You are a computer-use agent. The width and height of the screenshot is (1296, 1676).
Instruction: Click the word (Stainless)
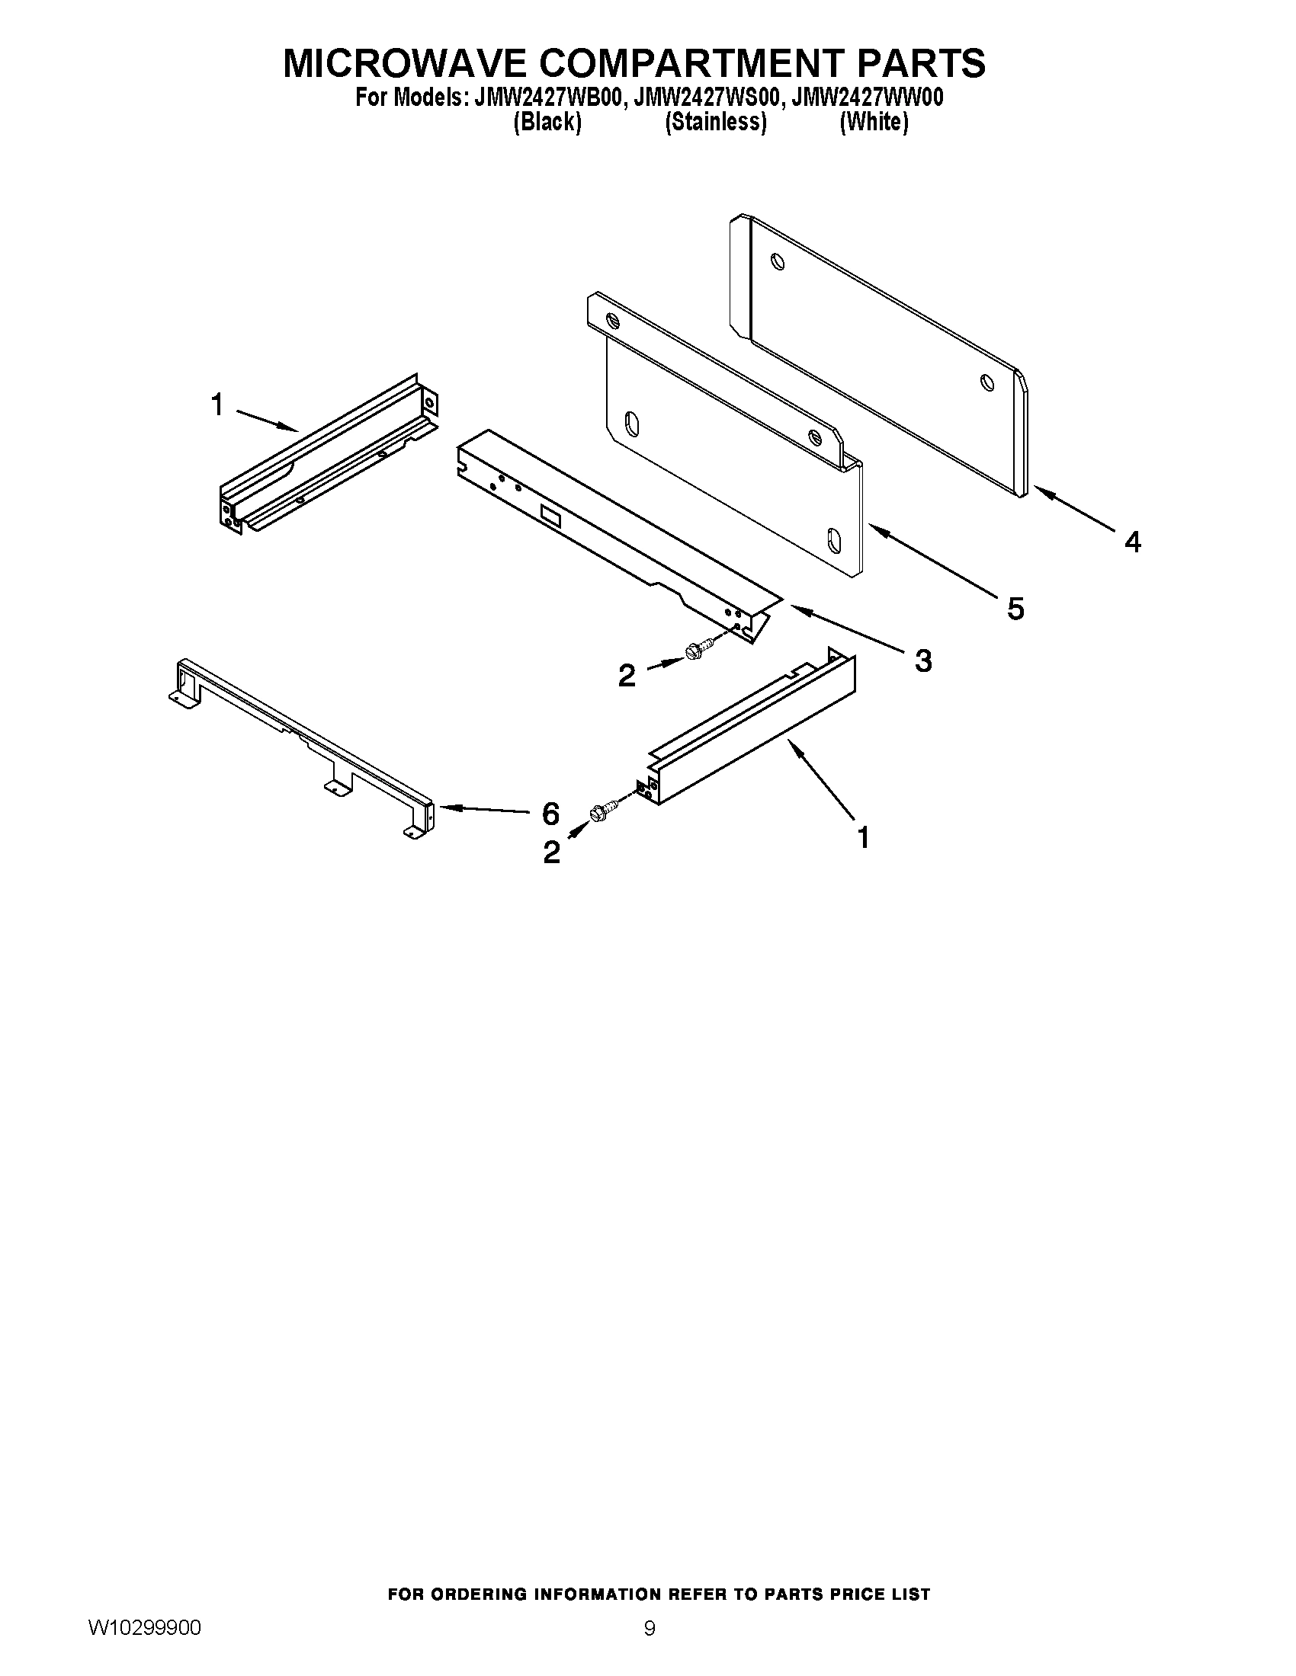(716, 122)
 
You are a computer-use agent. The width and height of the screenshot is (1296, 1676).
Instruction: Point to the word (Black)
(547, 122)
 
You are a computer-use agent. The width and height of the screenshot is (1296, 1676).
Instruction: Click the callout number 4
(1132, 542)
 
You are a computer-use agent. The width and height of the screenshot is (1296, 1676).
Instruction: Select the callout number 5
(1015, 609)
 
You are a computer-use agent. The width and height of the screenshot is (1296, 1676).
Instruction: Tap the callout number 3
(923, 660)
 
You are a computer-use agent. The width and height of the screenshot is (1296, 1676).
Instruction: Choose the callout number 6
(550, 813)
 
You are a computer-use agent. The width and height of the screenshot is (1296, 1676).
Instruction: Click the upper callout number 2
(627, 675)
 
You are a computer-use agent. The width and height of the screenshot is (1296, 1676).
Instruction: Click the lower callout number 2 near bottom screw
(551, 852)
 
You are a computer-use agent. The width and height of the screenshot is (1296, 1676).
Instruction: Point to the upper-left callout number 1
(217, 405)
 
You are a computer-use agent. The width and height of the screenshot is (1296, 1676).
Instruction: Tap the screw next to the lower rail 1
(604, 811)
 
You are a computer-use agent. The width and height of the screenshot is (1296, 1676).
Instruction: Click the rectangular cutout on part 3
(551, 515)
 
